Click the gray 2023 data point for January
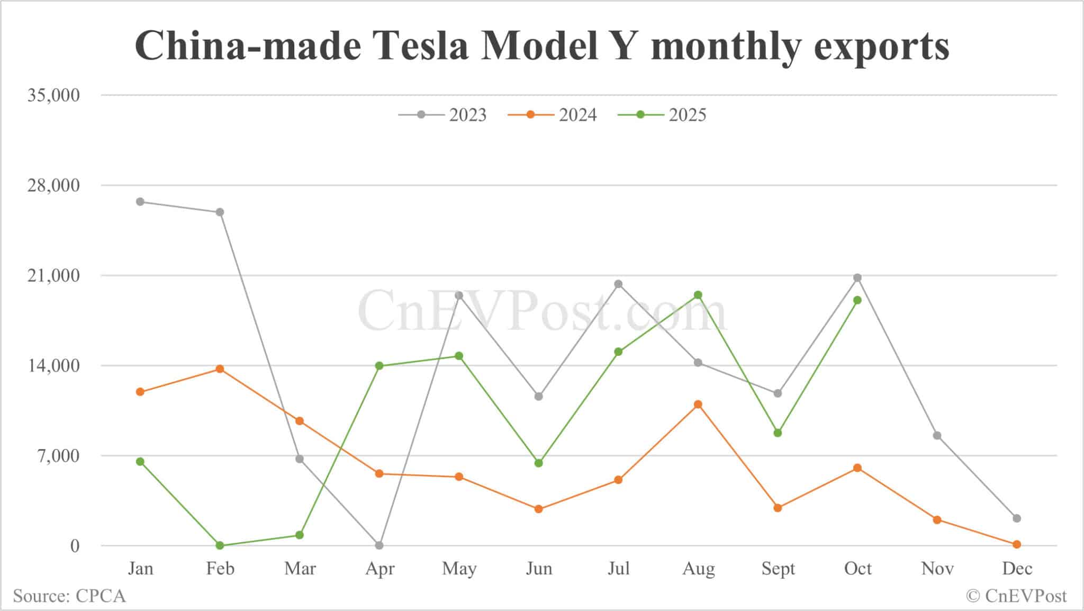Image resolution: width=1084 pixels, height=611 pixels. click(x=140, y=202)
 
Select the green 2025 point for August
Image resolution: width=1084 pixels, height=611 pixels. click(x=698, y=295)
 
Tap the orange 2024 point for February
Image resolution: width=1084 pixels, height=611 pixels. click(x=220, y=369)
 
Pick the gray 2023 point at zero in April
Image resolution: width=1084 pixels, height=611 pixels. click(x=379, y=545)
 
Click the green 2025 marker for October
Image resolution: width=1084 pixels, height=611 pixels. click(x=857, y=300)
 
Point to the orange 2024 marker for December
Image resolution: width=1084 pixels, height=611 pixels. click(x=1017, y=544)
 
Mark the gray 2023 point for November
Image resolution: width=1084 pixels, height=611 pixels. click(x=937, y=436)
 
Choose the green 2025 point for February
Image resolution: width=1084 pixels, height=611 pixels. click(x=220, y=545)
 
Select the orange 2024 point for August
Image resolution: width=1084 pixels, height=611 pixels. click(x=698, y=405)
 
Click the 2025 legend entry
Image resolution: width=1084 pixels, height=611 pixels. click(x=663, y=115)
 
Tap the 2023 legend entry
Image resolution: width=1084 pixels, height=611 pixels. click(x=443, y=115)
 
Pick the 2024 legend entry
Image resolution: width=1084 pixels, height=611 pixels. click(x=553, y=115)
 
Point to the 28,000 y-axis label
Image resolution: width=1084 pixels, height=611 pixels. click(x=53, y=185)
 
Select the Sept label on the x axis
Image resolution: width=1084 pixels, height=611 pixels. click(x=778, y=569)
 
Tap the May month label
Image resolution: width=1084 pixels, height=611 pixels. click(x=459, y=569)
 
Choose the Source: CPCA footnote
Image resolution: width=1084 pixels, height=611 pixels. click(x=69, y=596)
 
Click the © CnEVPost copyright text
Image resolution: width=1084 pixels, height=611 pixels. click(x=1016, y=596)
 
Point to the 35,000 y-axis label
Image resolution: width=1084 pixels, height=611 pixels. click(x=53, y=95)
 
